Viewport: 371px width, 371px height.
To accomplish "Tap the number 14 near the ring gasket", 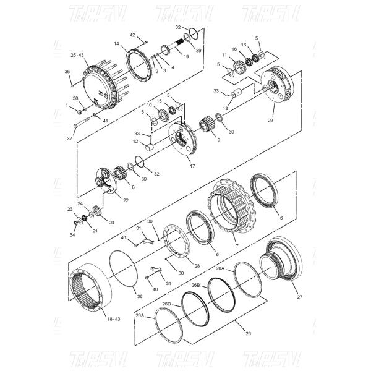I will click(x=116, y=44).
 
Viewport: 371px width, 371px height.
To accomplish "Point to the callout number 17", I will click(x=192, y=166).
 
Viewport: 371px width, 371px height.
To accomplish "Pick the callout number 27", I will click(x=300, y=297).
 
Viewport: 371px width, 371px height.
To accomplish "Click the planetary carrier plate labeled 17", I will click(x=182, y=142).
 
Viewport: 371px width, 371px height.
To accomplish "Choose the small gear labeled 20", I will click(x=96, y=211).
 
